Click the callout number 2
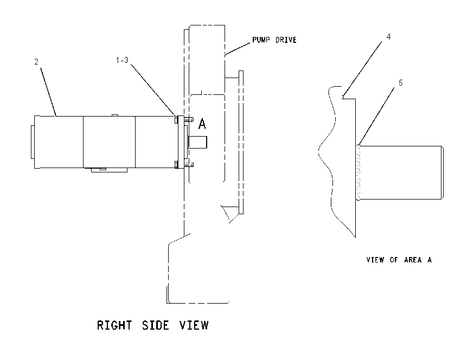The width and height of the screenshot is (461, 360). pyautogui.click(x=36, y=62)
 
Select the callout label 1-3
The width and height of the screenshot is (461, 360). pyautogui.click(x=122, y=60)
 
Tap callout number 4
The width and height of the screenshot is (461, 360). pyautogui.click(x=388, y=37)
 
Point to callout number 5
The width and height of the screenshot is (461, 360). pyautogui.click(x=400, y=83)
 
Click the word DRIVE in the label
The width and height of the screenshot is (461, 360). pyautogui.click(x=286, y=40)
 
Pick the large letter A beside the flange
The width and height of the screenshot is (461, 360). pyautogui.click(x=202, y=124)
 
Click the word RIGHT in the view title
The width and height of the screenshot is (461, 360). pyautogui.click(x=114, y=325)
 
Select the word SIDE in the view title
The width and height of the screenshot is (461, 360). pyautogui.click(x=156, y=325)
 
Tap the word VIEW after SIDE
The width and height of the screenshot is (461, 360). pyautogui.click(x=194, y=325)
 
